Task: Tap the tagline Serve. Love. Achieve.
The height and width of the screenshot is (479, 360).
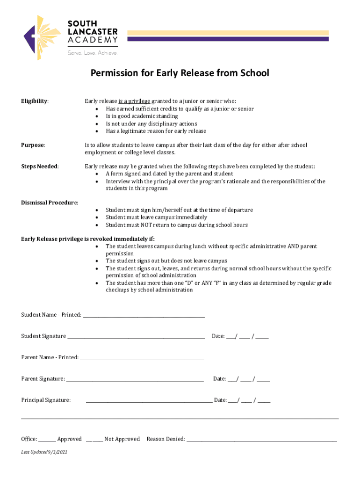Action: (x=92, y=53)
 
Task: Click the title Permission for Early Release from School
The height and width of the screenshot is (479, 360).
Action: (x=180, y=73)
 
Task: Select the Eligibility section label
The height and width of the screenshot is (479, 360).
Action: (x=35, y=101)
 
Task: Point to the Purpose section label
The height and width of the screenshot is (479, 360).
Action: (x=33, y=145)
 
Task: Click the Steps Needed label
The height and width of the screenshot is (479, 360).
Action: (x=40, y=167)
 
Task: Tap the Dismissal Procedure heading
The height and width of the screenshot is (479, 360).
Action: (x=50, y=203)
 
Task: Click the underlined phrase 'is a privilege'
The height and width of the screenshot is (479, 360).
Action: (x=134, y=101)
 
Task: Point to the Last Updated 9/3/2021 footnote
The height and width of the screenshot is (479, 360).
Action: (x=44, y=452)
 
